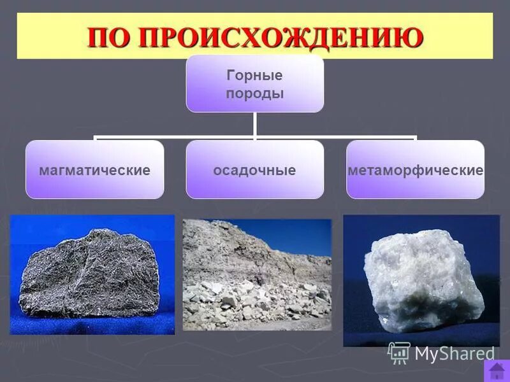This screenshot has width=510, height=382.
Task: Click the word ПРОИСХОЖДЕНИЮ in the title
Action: [281, 38]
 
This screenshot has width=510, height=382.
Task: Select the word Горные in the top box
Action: [254, 76]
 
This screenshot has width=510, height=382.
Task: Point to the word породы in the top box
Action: [254, 94]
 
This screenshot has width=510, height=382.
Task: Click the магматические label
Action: [94, 171]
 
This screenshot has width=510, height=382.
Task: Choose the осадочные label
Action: [254, 171]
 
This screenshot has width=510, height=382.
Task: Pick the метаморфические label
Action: [415, 171]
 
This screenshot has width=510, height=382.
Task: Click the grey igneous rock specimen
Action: [89, 274]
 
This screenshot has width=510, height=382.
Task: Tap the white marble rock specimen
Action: [421, 280]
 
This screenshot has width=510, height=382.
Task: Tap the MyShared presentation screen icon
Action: [399, 353]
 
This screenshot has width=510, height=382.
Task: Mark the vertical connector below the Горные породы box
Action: [254, 124]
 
